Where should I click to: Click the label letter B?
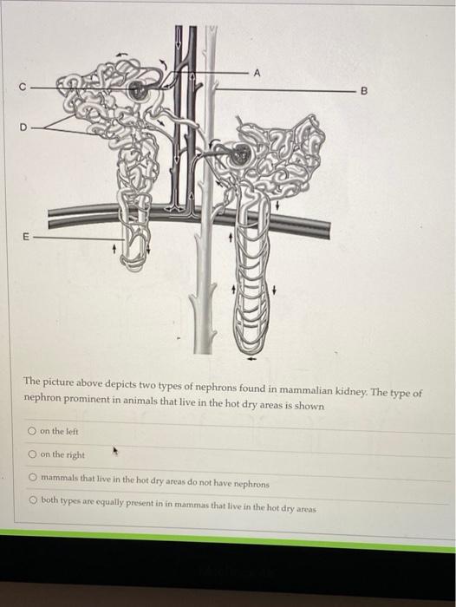(363, 89)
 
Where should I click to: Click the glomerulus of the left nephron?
(137, 90)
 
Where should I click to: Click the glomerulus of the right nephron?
(241, 154)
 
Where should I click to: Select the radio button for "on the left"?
(32, 431)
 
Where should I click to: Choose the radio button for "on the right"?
(32, 454)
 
